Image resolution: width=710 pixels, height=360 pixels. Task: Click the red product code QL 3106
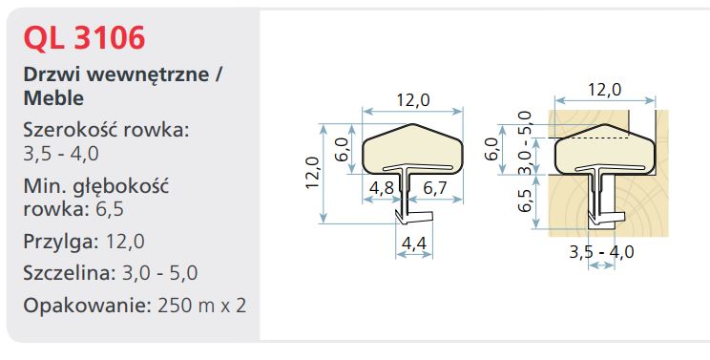click(x=84, y=38)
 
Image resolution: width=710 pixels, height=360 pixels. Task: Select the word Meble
click(x=53, y=97)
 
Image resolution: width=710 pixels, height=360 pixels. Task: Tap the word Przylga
click(x=61, y=242)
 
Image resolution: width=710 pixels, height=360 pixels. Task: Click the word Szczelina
click(x=71, y=273)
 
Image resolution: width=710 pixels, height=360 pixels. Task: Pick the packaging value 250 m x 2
click(x=202, y=306)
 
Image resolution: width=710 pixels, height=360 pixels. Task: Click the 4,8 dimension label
click(x=382, y=188)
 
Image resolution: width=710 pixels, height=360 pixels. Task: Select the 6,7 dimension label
click(x=435, y=188)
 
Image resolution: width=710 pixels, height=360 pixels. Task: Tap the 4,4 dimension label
click(x=414, y=244)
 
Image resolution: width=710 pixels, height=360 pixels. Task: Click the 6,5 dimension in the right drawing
click(x=525, y=201)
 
